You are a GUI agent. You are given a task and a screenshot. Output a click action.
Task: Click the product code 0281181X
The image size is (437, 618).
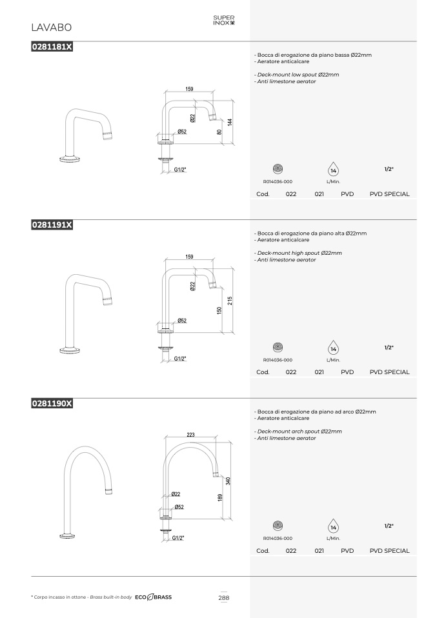coord(52,46)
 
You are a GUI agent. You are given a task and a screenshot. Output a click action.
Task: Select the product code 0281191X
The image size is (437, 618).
coord(52,224)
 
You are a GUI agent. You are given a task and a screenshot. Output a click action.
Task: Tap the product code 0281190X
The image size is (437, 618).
coord(52,403)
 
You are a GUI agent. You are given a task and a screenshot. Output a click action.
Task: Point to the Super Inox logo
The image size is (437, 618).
coord(224,20)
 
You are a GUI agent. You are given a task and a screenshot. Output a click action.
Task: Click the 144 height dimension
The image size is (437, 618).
coord(230,122)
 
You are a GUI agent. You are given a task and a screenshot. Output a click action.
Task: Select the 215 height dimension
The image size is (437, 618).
coord(230,301)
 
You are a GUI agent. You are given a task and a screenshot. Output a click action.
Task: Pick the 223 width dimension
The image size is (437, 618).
coord(190,434)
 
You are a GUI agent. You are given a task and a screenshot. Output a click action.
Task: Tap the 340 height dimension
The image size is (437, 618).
coord(228,481)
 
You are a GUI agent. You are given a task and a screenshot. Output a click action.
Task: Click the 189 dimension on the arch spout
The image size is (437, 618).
coord(219,497)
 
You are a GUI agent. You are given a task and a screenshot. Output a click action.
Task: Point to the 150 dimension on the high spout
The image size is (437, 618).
coord(219,310)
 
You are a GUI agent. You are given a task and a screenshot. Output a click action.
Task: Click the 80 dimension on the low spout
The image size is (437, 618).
coord(219,132)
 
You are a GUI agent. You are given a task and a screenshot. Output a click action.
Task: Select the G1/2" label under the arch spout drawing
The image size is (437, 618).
coord(178,537)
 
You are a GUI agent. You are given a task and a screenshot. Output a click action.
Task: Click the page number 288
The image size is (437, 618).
coord(223,597)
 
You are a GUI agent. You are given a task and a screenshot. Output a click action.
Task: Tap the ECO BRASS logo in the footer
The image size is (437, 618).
coord(154,597)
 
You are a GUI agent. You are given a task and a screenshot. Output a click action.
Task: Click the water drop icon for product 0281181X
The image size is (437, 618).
coord(333,169)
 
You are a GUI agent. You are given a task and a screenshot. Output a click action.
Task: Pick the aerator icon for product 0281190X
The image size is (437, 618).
coord(278,525)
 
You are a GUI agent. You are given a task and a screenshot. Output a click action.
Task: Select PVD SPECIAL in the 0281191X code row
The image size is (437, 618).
coord(390,372)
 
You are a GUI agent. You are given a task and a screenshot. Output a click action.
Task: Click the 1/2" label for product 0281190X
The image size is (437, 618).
coord(389,526)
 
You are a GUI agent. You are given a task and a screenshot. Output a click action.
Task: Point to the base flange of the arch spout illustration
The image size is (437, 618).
coord(67,535)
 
